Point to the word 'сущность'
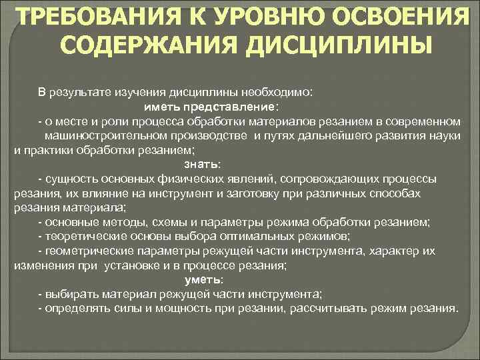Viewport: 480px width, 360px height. coord(70,179)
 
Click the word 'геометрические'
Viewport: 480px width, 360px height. coord(84,251)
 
